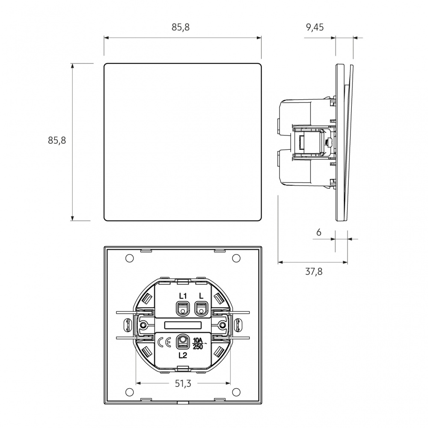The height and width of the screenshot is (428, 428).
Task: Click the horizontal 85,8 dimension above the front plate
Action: (x=181, y=27)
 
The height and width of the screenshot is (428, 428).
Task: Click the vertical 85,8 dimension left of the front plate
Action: (x=57, y=140)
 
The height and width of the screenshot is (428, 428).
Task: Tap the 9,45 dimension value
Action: (x=315, y=27)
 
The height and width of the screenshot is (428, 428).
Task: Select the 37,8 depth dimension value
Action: (x=314, y=272)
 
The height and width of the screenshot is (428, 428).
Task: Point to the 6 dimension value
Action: (x=318, y=232)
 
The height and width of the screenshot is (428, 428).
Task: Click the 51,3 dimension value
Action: (x=183, y=383)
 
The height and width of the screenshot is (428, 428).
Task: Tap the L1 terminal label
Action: (x=183, y=296)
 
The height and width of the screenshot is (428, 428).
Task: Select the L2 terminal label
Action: (x=183, y=355)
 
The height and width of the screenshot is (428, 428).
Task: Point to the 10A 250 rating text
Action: (x=198, y=344)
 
